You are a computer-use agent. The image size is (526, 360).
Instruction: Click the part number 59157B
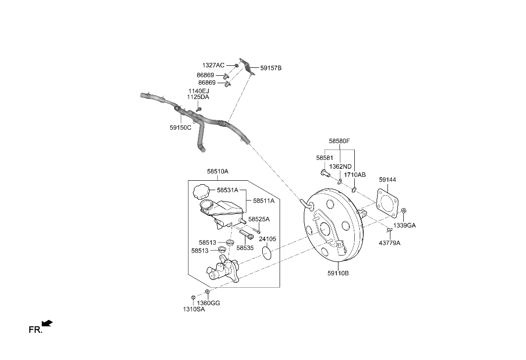tap(271, 68)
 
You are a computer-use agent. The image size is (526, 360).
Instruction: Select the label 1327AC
tap(213, 65)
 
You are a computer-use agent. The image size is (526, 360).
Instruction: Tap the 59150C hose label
tap(180, 127)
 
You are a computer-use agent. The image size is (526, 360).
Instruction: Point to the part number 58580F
tap(339, 141)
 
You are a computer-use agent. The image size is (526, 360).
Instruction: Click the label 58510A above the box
tap(218, 171)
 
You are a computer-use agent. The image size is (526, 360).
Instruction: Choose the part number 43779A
tap(390, 243)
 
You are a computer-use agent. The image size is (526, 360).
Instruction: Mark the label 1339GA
tap(404, 225)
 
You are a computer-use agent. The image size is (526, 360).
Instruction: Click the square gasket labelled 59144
tap(387, 202)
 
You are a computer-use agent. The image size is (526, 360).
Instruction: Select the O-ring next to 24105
tap(267, 254)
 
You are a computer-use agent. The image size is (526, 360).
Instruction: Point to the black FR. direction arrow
tap(48, 324)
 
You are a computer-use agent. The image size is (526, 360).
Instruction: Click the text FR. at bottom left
tap(35, 330)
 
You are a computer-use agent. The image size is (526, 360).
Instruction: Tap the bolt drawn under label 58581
tap(323, 174)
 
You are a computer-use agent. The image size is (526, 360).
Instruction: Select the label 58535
tap(245, 248)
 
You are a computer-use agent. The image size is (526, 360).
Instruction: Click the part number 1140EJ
tap(198, 91)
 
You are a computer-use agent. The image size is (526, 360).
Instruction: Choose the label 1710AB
tap(355, 175)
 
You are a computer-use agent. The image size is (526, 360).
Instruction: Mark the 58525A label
tap(259, 219)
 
